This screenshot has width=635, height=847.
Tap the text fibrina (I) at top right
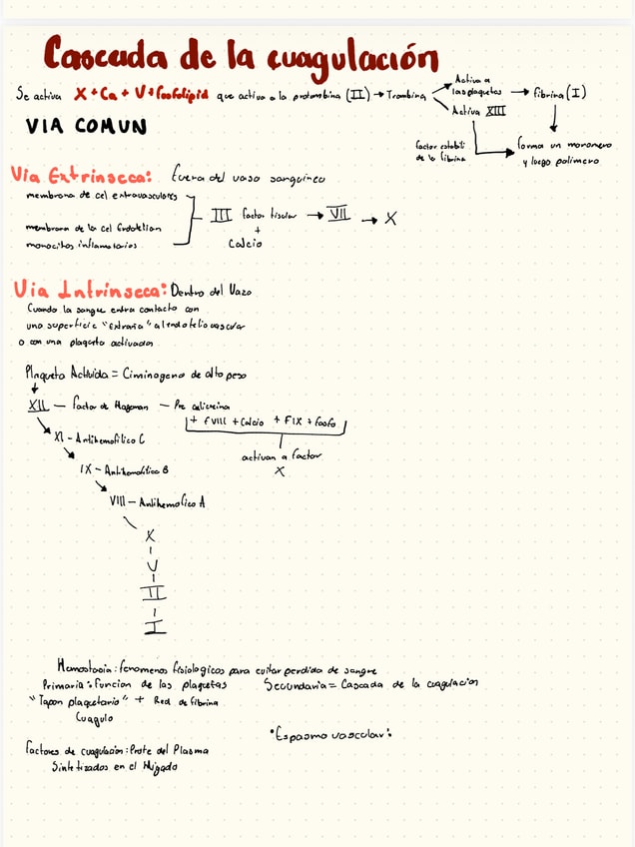tap(560, 94)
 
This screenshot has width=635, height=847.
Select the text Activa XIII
tap(479, 111)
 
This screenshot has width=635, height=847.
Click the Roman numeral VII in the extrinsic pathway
tap(341, 216)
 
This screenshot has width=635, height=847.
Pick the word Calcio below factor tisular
tap(245, 243)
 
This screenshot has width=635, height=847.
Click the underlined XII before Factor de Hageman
tap(38, 407)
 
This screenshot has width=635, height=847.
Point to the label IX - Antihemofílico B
tap(124, 469)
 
